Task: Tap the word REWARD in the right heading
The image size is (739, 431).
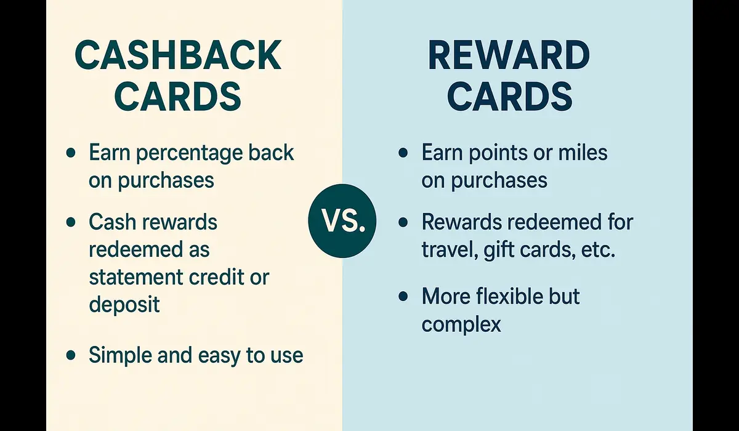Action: coord(509,56)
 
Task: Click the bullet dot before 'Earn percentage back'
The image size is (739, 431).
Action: coord(71,153)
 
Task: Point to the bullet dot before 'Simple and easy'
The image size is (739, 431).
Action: coord(71,355)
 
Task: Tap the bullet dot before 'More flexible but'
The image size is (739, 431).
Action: coord(403,296)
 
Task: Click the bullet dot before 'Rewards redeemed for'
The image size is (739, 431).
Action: coord(403,222)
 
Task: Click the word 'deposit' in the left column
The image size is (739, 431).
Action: coord(124,304)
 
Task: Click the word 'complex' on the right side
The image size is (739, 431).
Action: coord(461,324)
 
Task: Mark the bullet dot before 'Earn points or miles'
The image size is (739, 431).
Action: coord(403,153)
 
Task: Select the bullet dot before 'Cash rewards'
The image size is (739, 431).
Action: coord(71,222)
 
